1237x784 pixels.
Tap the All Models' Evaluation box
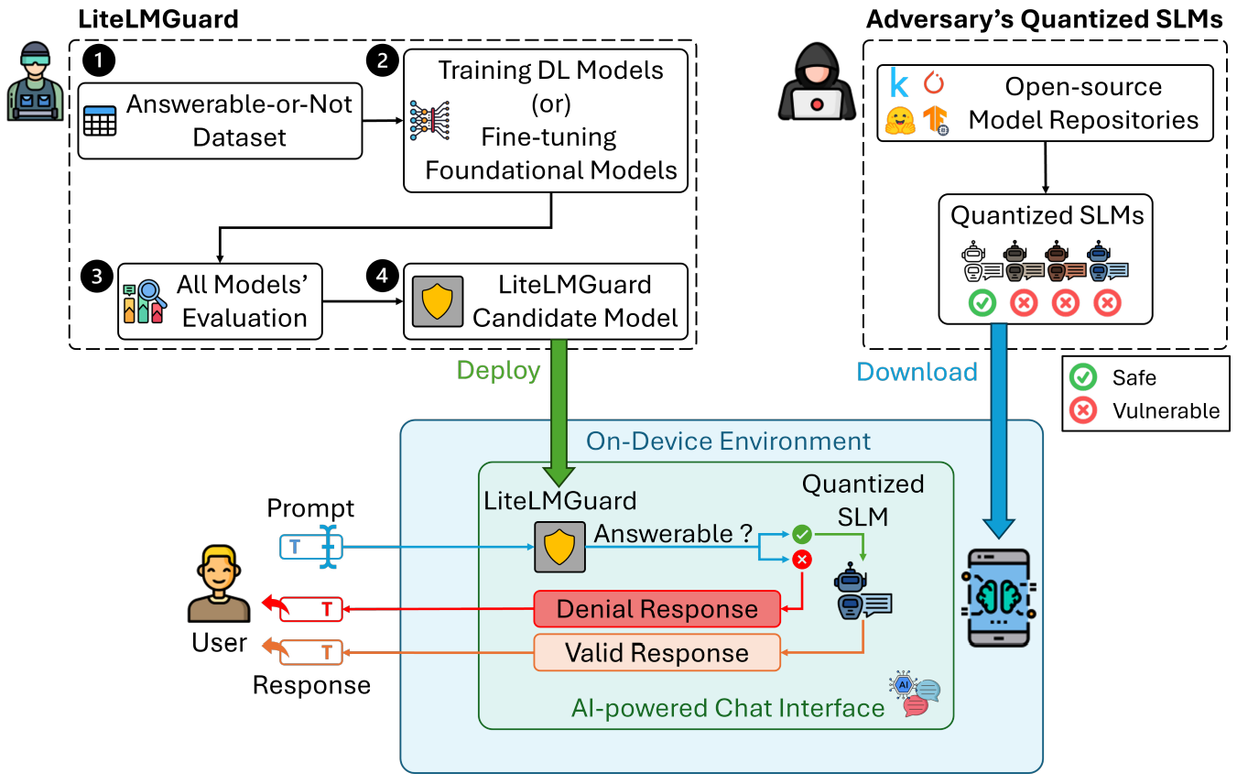click(x=221, y=301)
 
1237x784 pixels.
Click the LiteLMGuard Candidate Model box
click(x=546, y=301)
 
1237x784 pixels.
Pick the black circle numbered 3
click(x=95, y=275)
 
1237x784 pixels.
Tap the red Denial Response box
click(x=656, y=609)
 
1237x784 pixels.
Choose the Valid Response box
click(x=656, y=653)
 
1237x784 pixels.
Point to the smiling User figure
click(x=219, y=584)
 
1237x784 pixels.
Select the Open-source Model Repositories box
click(x=1046, y=103)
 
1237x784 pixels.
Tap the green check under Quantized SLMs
click(x=982, y=302)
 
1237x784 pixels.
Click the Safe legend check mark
click(x=1083, y=377)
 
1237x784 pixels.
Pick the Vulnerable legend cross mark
click(x=1083, y=410)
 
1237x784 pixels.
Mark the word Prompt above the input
click(x=310, y=508)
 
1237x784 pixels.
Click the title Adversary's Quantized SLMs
click(x=1045, y=20)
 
